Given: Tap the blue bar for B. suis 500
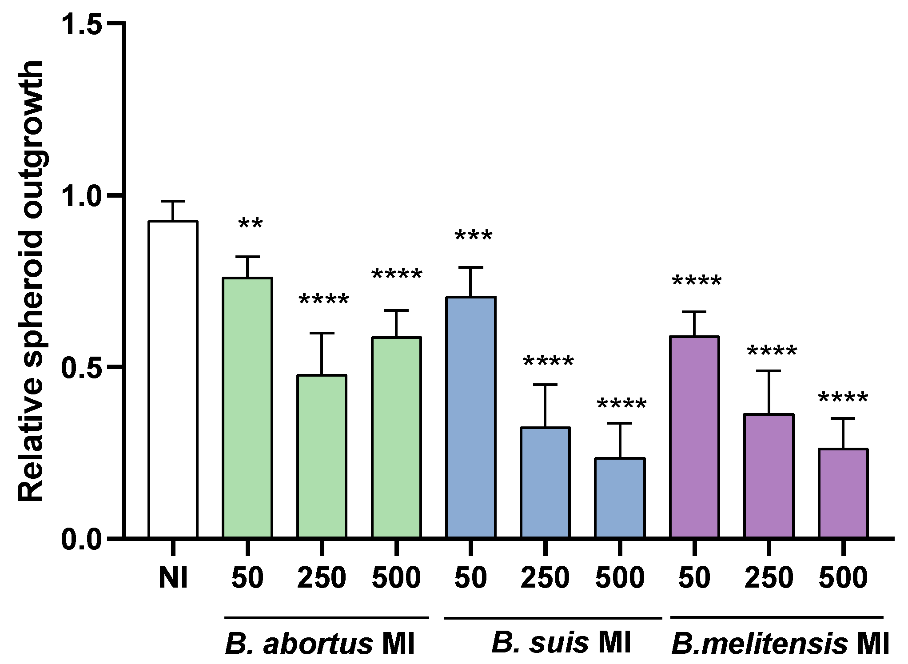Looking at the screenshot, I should click(x=620, y=497).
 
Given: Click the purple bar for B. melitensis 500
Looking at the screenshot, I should click(x=843, y=493).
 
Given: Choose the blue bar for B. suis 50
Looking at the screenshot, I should click(x=471, y=417).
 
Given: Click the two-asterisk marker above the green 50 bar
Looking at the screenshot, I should click(x=251, y=224).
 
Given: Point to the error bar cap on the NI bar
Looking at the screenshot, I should click(x=173, y=201).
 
